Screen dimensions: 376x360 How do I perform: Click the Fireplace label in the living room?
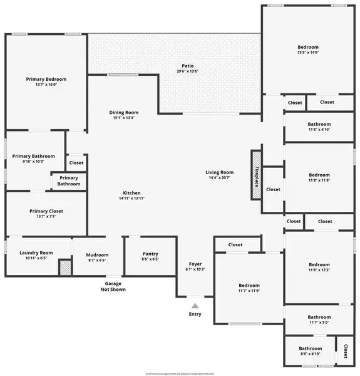click(256, 175)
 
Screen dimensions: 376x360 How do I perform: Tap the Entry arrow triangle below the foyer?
click(195, 306)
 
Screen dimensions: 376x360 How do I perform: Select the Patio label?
click(187, 65)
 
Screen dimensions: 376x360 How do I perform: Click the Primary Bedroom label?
click(46, 80)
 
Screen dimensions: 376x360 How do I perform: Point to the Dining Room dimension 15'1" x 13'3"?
click(123, 118)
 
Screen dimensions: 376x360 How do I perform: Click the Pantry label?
click(150, 254)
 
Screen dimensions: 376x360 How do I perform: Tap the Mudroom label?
click(97, 255)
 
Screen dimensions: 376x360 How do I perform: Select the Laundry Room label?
click(36, 253)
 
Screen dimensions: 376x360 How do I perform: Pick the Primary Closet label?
click(46, 211)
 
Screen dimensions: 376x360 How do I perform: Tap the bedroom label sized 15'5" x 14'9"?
click(308, 48)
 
